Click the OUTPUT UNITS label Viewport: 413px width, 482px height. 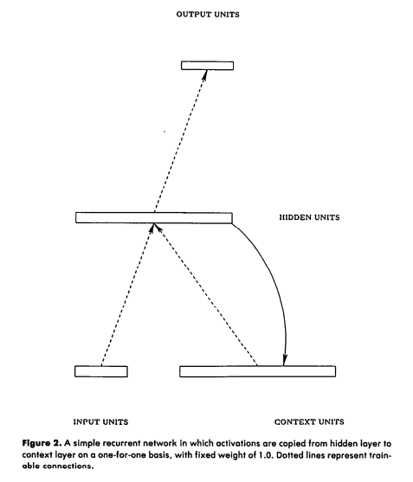coord(208,15)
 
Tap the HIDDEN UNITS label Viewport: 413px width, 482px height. coord(309,217)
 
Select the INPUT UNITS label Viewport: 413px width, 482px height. coord(100,421)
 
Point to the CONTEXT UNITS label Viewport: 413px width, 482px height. coord(309,421)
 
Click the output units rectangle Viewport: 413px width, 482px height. coord(207,66)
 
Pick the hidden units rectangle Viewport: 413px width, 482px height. coord(154,218)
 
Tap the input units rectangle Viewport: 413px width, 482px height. coord(101,371)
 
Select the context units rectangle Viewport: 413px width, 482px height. coord(258,371)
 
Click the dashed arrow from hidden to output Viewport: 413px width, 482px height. coord(180,141)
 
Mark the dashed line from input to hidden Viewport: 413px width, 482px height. coord(127,295)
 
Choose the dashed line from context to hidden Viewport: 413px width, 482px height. coord(205,295)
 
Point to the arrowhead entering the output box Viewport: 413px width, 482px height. coord(203,74)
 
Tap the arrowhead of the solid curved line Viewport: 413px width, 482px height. coord(285,360)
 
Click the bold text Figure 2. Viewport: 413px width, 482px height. coord(42,444)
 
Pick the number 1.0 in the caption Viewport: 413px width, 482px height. coord(267,455)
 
